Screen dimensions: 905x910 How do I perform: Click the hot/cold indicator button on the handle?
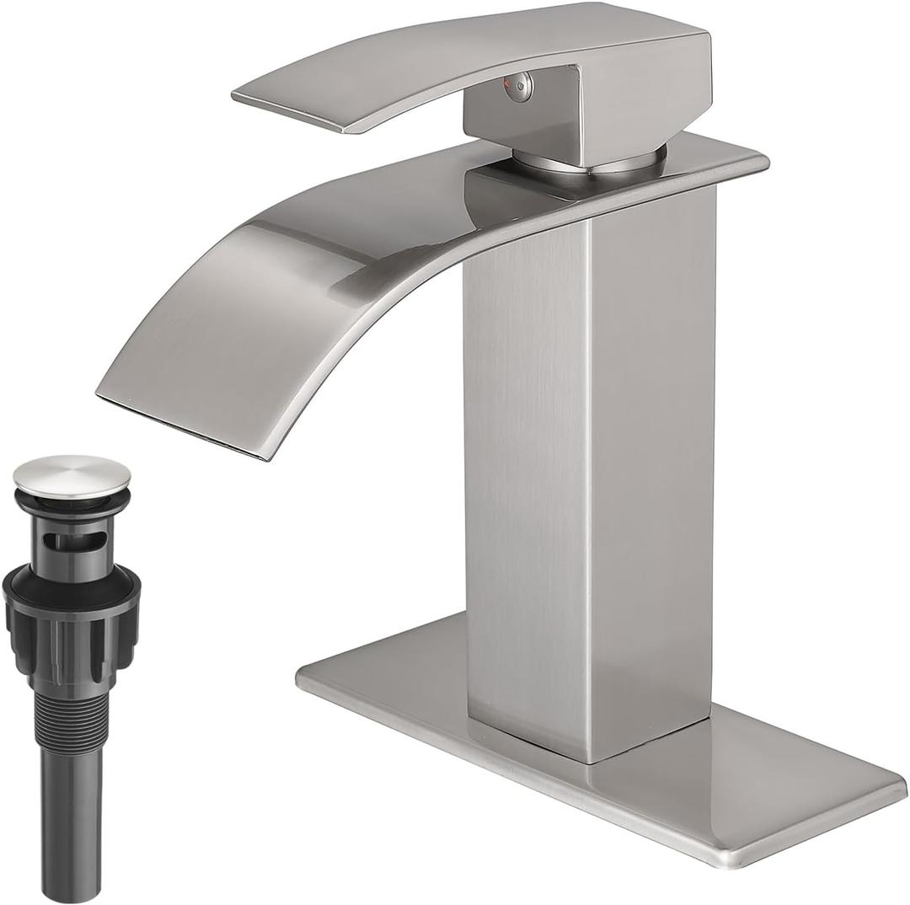pyautogui.click(x=522, y=83)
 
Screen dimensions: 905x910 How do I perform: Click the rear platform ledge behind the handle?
pyautogui.click(x=725, y=164)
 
